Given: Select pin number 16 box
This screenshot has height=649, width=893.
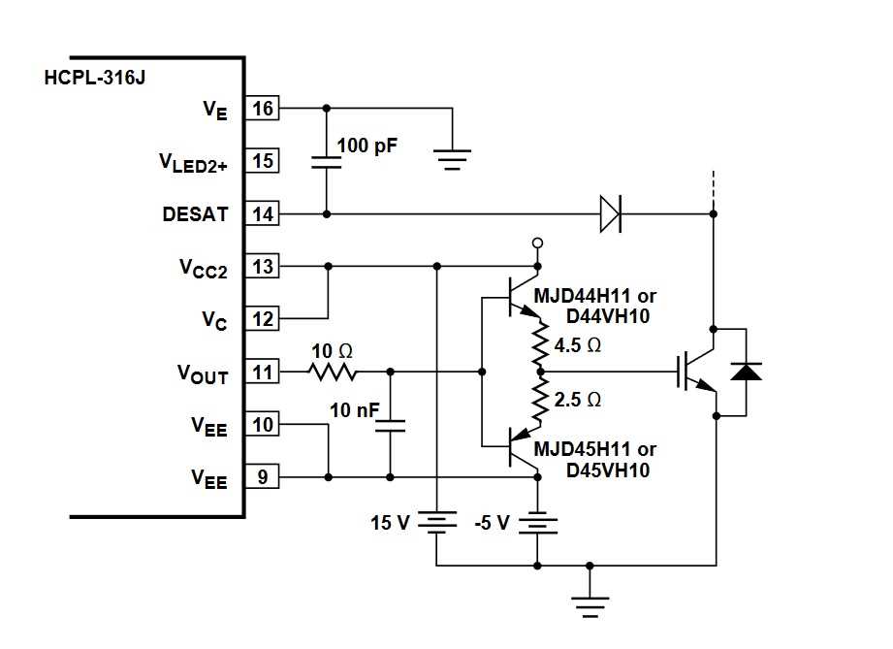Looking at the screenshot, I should click(262, 108).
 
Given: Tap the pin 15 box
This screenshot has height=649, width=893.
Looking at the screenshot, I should click(262, 161).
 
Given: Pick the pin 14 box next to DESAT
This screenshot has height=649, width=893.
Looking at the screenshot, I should click(262, 213).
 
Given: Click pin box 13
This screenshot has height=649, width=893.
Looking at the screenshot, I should click(262, 266).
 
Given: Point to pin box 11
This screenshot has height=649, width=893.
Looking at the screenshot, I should click(262, 372).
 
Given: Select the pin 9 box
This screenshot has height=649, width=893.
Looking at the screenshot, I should click(262, 476).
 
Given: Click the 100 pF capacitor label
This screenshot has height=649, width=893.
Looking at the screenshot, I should click(368, 147).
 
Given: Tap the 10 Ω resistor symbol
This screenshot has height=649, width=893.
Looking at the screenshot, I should click(333, 372).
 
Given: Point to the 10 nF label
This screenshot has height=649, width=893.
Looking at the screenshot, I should click(353, 410).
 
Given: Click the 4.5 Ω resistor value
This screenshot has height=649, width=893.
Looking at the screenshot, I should click(578, 344).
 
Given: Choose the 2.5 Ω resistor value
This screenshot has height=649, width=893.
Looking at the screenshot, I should click(578, 399).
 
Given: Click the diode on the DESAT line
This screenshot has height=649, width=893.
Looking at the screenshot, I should click(609, 213).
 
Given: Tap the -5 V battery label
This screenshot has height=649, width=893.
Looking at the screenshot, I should click(491, 523).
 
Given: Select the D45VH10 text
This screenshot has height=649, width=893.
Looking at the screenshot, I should click(608, 471).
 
